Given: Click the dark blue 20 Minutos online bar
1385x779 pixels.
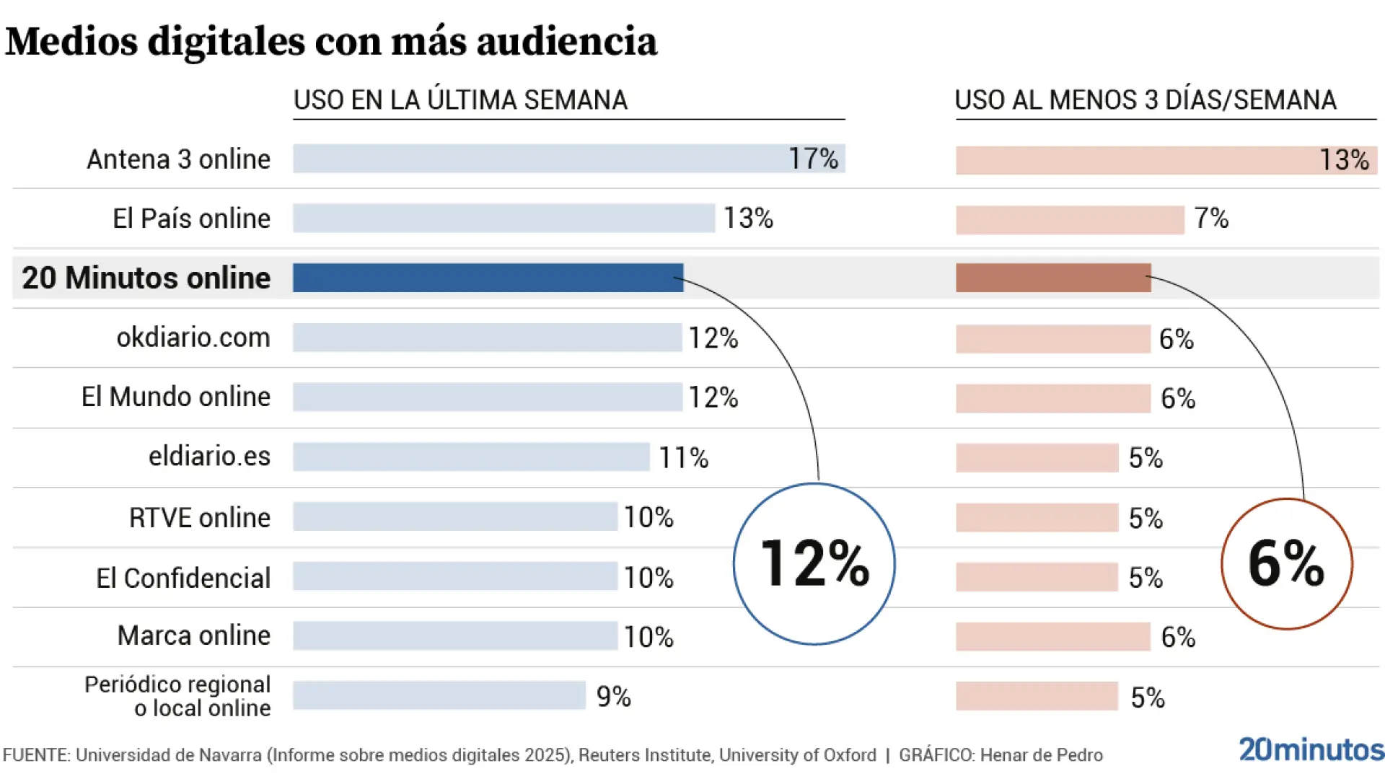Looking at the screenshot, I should [488, 278].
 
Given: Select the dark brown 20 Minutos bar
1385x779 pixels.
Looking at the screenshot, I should [1053, 278].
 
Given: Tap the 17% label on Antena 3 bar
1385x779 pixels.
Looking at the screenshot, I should [813, 159].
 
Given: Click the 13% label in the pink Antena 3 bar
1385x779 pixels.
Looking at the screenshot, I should [1344, 160].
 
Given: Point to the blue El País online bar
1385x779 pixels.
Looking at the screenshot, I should [504, 218].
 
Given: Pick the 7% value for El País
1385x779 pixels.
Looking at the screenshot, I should [1211, 218].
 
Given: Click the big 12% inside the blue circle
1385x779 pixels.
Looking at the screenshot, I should [814, 563].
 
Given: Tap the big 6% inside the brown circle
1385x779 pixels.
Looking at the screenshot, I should [1286, 563].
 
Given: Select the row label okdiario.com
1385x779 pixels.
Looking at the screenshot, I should [193, 337].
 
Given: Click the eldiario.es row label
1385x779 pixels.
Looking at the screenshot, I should [209, 456].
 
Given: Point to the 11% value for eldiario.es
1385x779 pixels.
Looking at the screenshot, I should [683, 457].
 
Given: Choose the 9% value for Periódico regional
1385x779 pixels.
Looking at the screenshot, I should [613, 696].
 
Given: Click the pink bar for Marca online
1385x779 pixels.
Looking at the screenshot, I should [1053, 637].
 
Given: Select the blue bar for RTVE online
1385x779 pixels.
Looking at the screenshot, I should [454, 516].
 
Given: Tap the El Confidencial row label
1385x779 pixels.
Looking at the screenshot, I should [183, 578].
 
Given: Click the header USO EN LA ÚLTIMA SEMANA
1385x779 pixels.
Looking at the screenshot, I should [460, 100].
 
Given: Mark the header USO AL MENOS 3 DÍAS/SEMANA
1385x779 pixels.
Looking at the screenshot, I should [1146, 100].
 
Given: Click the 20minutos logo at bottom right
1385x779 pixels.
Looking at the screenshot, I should [1311, 750].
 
